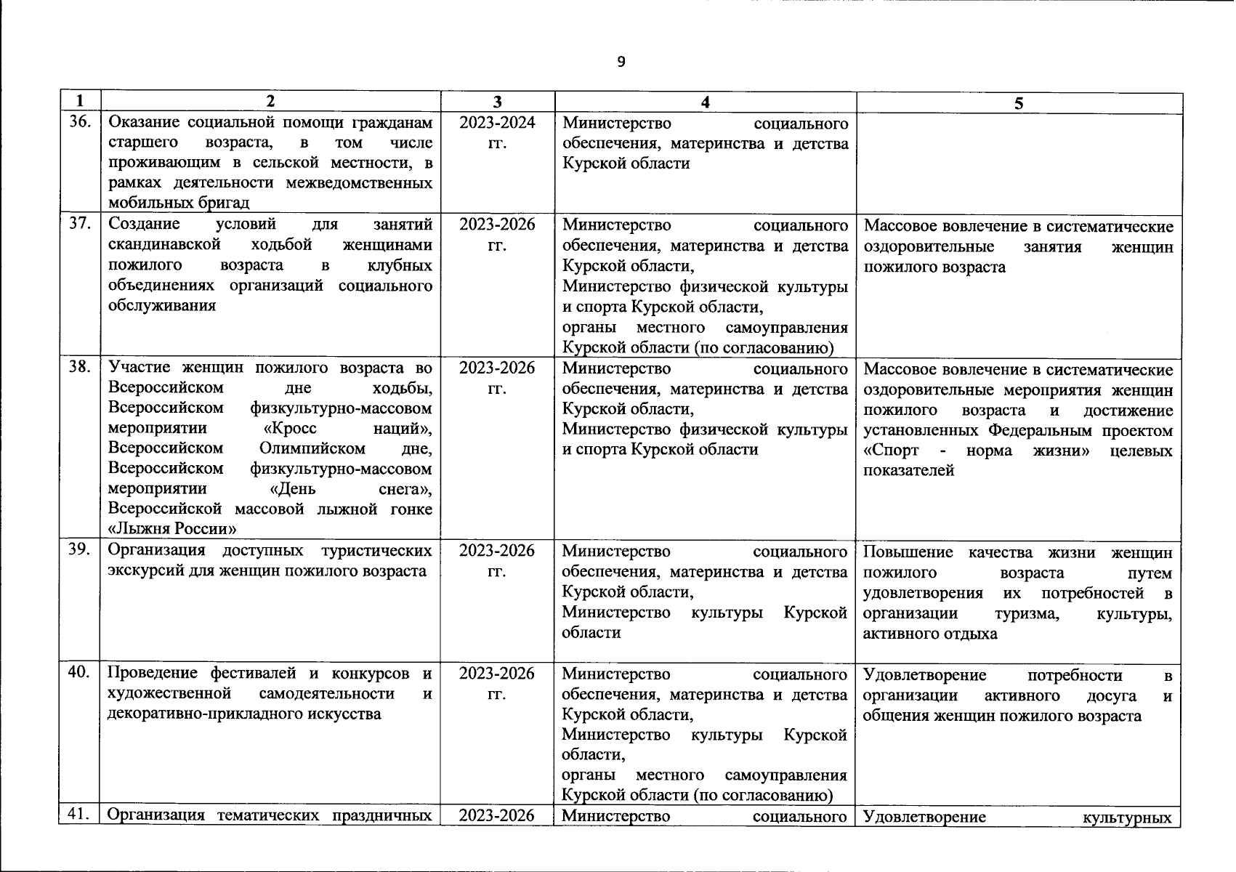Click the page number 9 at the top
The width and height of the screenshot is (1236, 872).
[620, 62]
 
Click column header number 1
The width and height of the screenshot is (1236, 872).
[78, 101]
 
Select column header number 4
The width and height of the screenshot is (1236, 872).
[705, 102]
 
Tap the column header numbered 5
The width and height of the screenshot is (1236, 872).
[1019, 103]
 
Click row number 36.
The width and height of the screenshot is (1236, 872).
[78, 123]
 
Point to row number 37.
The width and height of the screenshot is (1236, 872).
[78, 224]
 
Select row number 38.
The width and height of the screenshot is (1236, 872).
[78, 368]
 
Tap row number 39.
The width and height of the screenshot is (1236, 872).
[78, 550]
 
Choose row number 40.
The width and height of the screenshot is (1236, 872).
[78, 673]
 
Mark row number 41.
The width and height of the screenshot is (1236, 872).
[78, 815]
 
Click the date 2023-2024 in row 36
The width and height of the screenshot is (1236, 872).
[497, 123]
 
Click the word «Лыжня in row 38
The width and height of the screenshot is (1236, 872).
[137, 529]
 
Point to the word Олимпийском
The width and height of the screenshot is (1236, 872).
[312, 448]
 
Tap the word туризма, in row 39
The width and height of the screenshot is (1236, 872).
[1026, 613]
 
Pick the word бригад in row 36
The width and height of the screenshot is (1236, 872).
[226, 203]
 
